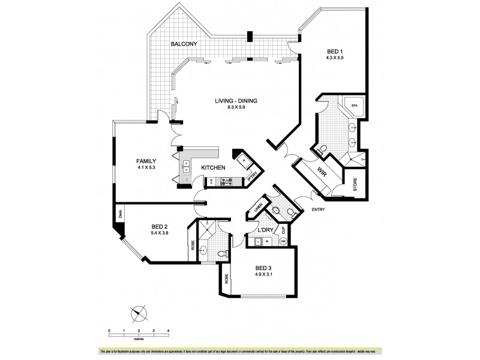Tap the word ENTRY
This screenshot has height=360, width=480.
(319, 209)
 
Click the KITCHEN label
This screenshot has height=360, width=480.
(213, 168)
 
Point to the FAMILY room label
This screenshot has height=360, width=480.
(146, 161)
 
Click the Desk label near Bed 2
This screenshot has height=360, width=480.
(120, 212)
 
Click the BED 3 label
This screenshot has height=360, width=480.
(265, 268)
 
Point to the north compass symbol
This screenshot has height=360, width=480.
(139, 313)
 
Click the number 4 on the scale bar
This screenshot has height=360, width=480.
(168, 331)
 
